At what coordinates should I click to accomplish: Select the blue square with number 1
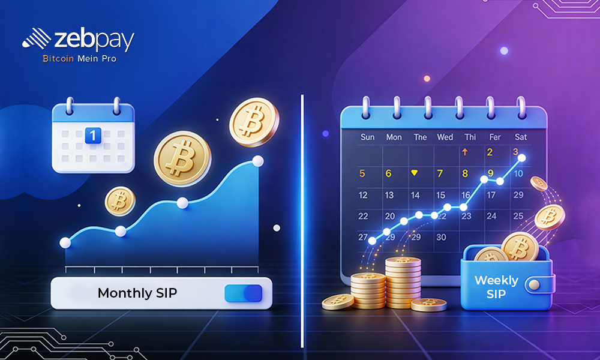(92, 135)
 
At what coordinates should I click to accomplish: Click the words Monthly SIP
(137, 293)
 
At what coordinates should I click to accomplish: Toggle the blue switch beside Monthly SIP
(243, 293)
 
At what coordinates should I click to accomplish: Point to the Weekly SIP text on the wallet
(497, 287)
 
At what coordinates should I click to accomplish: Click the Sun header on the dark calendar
(367, 137)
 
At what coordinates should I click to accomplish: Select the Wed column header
(445, 137)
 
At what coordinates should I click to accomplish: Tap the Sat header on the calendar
(521, 137)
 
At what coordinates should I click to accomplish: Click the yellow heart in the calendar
(414, 173)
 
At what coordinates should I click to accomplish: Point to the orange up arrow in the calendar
(464, 152)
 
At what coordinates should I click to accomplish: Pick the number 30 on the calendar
(441, 237)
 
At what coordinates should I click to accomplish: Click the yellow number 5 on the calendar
(362, 174)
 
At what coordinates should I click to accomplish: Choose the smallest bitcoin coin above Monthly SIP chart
(120, 200)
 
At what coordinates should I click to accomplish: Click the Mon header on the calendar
(394, 137)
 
